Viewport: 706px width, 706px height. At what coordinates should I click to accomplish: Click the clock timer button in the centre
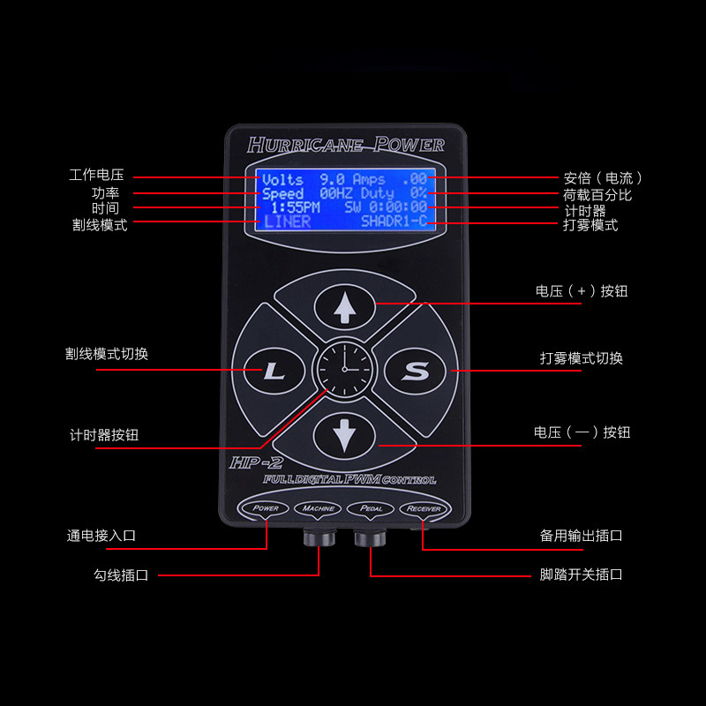click(344, 371)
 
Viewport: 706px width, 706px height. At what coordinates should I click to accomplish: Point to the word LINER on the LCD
click(288, 222)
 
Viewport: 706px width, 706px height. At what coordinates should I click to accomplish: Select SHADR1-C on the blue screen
click(393, 222)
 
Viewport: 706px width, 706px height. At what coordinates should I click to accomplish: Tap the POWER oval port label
click(266, 508)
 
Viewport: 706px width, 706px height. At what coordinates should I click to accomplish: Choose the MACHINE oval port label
click(319, 508)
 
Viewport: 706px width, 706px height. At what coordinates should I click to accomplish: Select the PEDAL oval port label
click(371, 508)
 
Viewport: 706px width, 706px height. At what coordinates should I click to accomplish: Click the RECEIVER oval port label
click(424, 508)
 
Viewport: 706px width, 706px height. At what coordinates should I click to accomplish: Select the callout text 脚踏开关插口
click(581, 575)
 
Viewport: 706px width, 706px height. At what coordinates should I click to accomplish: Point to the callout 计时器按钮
click(103, 435)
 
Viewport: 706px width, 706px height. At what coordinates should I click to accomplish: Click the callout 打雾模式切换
click(581, 358)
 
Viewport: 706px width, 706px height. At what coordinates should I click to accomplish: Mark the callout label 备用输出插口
click(581, 536)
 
